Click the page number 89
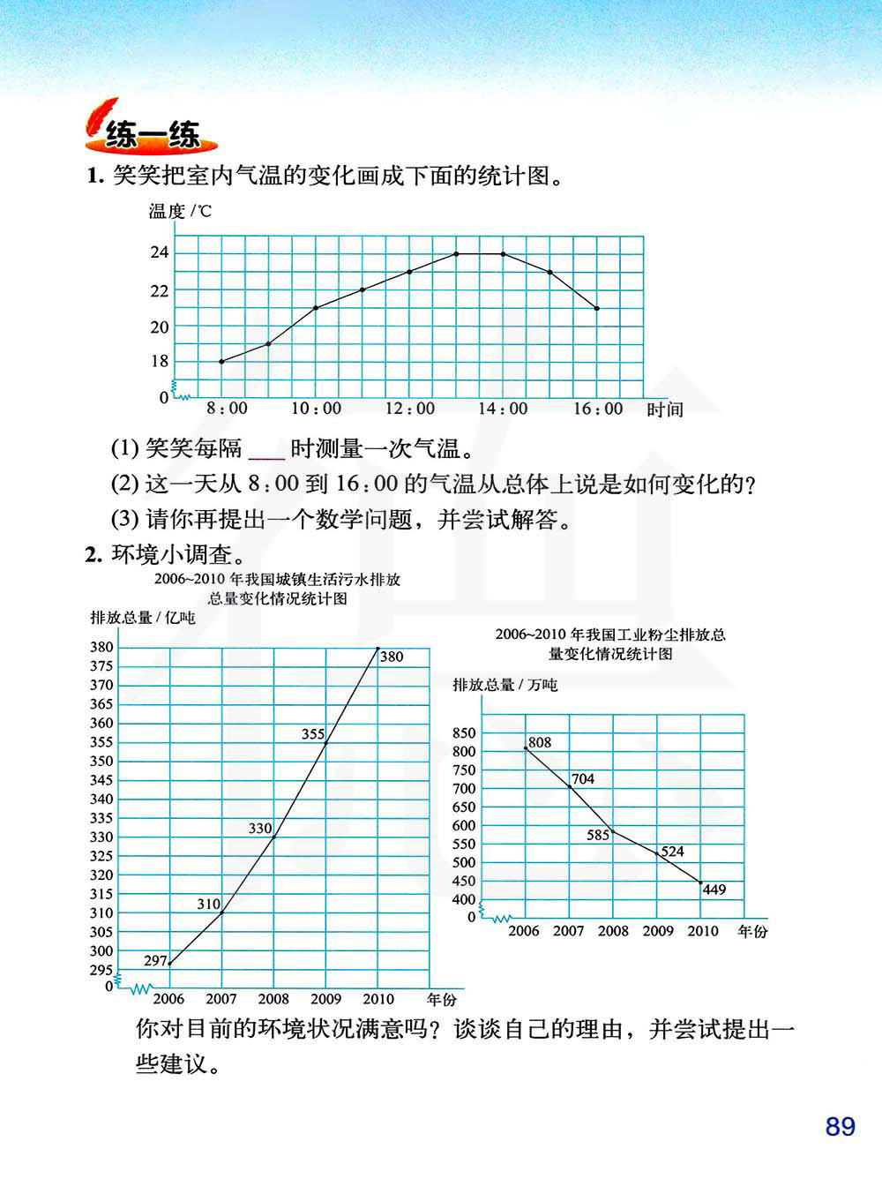pos(840,1127)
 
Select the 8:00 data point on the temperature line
pos(221,362)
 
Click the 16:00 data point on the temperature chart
pos(597,308)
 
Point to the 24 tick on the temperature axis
pos(159,253)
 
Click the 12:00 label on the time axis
pos(410,409)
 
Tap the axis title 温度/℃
pos(180,211)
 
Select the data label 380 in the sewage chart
pos(392,657)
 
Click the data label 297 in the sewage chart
pos(155,961)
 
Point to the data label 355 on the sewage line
pos(313,733)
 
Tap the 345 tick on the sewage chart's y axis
pos(101,780)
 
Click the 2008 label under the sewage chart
pos(273,999)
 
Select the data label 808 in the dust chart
pos(540,742)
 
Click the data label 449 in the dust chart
pos(714,890)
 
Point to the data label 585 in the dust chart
pos(598,835)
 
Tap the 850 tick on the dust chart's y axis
pos(464,733)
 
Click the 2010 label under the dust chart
pos(703,931)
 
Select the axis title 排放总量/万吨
pos(505,685)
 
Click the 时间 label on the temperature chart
pos(664,409)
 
